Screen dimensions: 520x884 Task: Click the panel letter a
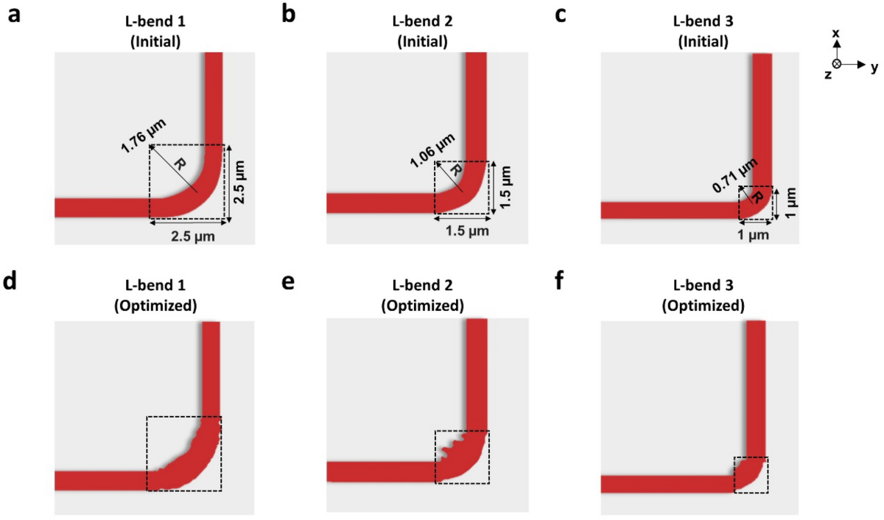pyautogui.click(x=13, y=15)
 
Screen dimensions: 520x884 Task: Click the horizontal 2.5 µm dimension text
pyautogui.click(x=187, y=238)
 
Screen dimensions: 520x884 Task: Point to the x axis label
pyautogui.click(x=835, y=35)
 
